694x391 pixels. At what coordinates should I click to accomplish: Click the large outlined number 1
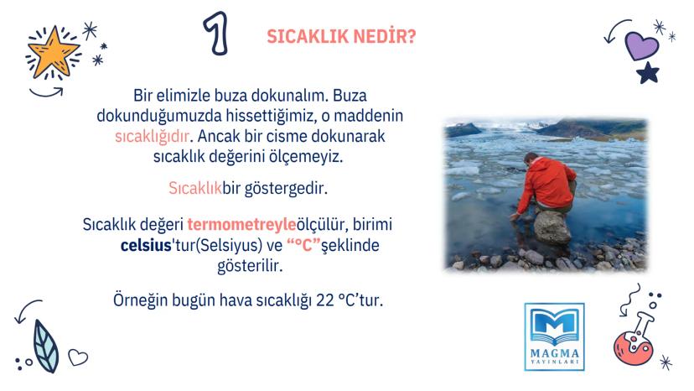(215, 34)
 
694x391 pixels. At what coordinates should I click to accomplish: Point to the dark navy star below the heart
(647, 75)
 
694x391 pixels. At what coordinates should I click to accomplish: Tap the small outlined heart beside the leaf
(78, 357)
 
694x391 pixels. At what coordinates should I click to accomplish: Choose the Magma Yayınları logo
(553, 336)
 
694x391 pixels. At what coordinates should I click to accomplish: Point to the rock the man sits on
(552, 226)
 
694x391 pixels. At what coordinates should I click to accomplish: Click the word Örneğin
(142, 300)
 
